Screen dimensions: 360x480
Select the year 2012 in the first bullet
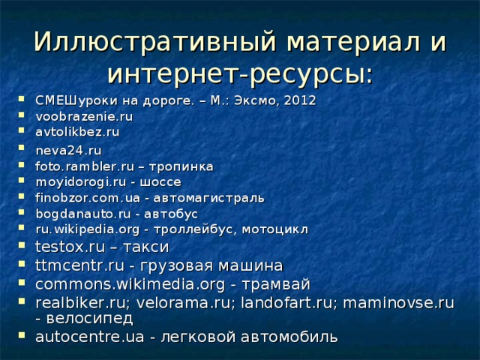pyautogui.click(x=300, y=100)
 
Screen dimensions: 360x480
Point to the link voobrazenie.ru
pyautogui.click(x=84, y=116)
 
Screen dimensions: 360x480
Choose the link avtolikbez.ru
pyautogui.click(x=78, y=131)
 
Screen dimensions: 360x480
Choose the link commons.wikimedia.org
pyautogui.click(x=121, y=283)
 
